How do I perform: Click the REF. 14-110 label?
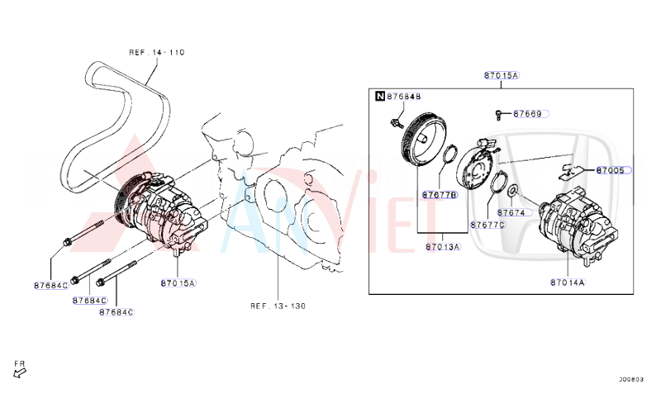tap(156, 52)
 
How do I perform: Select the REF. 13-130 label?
tap(278, 306)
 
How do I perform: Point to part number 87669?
tap(527, 114)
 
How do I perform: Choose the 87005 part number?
tap(611, 170)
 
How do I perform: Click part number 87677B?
tap(440, 196)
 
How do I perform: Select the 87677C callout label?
tap(487, 225)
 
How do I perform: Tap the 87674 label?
tap(511, 211)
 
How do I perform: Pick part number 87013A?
tap(443, 247)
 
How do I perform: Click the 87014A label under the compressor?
tap(567, 282)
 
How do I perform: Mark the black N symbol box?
tap(379, 97)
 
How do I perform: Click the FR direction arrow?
tap(20, 371)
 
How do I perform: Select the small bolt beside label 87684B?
tap(396, 123)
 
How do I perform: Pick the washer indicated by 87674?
tap(512, 192)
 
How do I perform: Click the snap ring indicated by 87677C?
tap(497, 182)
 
